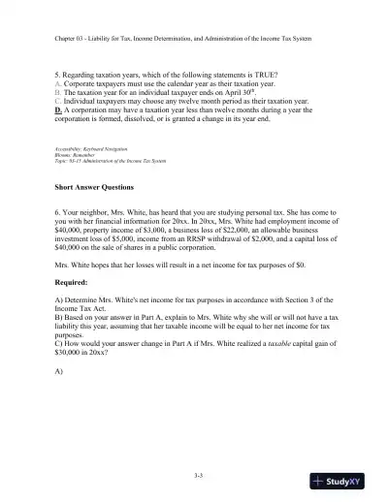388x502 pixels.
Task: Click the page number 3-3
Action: tap(193, 474)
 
